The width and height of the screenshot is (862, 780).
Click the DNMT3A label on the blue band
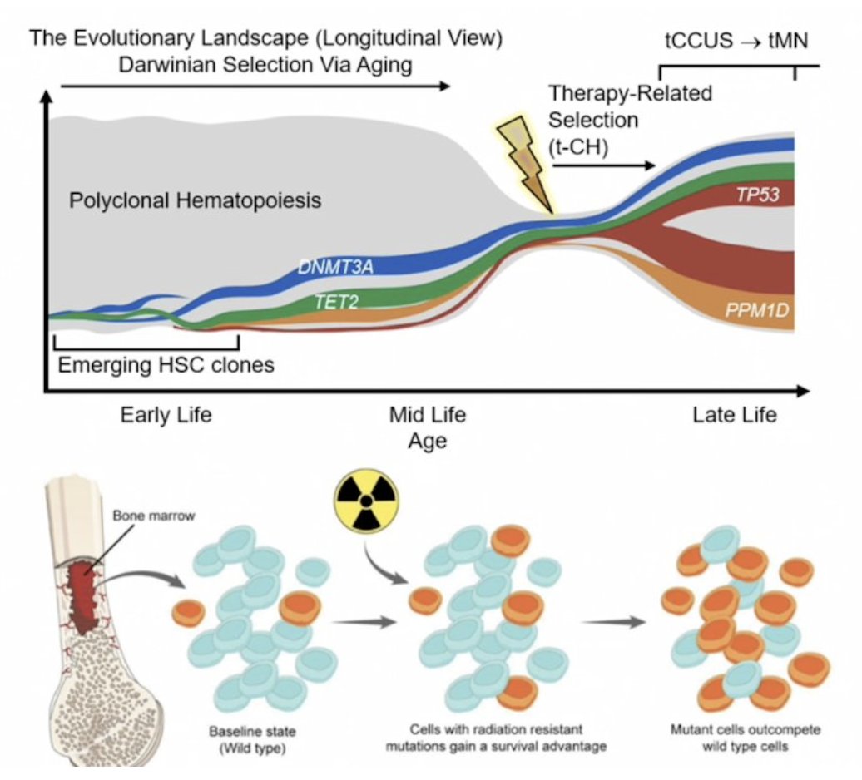(x=335, y=266)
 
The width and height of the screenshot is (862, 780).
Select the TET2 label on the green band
(x=336, y=302)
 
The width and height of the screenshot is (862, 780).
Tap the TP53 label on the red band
(x=758, y=194)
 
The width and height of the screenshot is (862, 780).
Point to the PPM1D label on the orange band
(x=757, y=310)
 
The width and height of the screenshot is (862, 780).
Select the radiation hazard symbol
(x=365, y=501)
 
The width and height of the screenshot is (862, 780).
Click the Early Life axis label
(x=166, y=415)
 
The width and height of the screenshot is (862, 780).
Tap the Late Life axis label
(x=735, y=415)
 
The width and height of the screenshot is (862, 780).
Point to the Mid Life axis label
(x=428, y=415)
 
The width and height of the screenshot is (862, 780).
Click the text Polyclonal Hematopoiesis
(x=196, y=200)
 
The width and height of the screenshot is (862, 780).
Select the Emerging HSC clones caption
(x=166, y=365)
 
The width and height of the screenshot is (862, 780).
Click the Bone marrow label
(x=154, y=516)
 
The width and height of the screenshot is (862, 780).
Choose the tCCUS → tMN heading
(x=736, y=41)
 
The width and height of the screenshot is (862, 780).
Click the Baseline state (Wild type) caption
(x=252, y=739)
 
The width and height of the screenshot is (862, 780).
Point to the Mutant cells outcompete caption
(x=746, y=738)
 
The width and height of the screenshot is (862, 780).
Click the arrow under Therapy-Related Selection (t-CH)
(x=603, y=165)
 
